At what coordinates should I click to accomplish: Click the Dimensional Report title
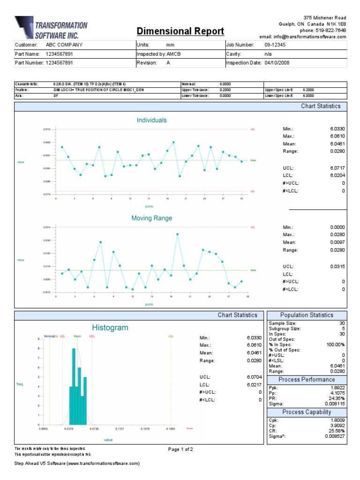tap(180, 31)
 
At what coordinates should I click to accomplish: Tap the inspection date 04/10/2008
tap(277, 63)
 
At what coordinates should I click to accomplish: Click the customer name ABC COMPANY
tap(64, 45)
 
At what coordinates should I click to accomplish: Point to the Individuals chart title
tap(151, 120)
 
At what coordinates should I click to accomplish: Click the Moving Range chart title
tap(151, 218)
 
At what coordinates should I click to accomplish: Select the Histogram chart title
tap(110, 328)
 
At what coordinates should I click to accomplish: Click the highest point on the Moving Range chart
tap(178, 234)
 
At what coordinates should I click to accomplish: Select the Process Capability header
tap(307, 412)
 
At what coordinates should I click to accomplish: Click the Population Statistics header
tap(307, 315)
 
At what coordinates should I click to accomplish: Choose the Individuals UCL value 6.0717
tap(337, 167)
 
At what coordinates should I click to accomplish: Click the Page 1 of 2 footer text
tap(180, 449)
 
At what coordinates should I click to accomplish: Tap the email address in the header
tap(303, 37)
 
